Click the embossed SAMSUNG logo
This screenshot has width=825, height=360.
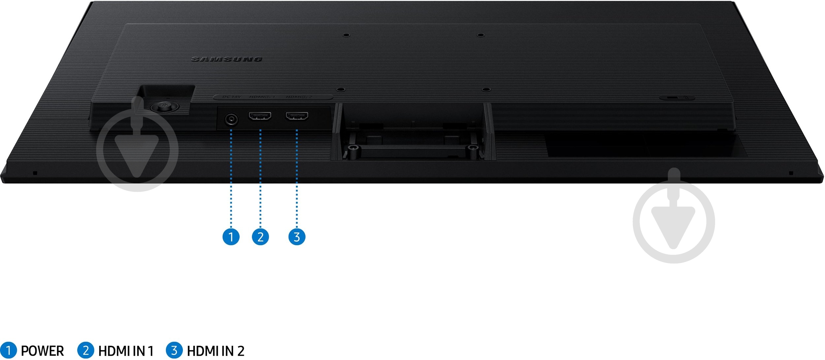click(x=227, y=59)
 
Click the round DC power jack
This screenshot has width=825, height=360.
click(x=231, y=119)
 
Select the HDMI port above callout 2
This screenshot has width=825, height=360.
click(x=260, y=116)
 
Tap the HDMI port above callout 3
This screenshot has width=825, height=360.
click(x=297, y=116)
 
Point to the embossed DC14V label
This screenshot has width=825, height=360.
click(x=232, y=97)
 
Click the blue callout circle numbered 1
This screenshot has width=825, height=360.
click(x=231, y=237)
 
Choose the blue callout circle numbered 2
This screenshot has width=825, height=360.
click(x=260, y=237)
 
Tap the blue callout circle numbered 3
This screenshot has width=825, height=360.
click(x=297, y=237)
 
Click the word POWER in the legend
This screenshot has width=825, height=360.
click(x=42, y=351)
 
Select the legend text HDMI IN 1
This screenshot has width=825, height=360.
click(x=126, y=351)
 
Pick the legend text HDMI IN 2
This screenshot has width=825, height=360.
click(x=215, y=351)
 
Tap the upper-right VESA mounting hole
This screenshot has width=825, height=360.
click(x=481, y=35)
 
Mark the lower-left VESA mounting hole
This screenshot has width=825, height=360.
click(x=342, y=89)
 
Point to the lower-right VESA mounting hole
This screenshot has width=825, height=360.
click(x=485, y=89)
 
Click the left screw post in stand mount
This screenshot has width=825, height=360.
click(x=353, y=147)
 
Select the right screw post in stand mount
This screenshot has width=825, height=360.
click(x=474, y=147)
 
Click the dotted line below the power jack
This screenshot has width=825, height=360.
click(x=231, y=178)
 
